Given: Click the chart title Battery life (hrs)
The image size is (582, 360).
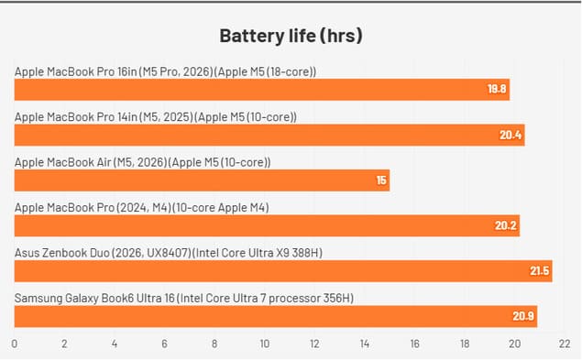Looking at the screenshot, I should (291, 37).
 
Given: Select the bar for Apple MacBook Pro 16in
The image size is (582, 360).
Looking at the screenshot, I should (261, 90).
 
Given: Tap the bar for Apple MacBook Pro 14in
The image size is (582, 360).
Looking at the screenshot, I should (269, 136).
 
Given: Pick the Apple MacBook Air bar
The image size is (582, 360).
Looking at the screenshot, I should (202, 180).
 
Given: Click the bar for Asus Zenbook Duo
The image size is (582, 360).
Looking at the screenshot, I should (283, 271).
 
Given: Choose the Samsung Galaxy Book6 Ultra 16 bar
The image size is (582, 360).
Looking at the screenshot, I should (275, 317).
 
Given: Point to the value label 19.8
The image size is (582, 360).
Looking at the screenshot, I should (497, 90).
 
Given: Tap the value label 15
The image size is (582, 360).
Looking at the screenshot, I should (381, 180).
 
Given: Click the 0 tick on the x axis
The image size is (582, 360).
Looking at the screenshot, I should (15, 344).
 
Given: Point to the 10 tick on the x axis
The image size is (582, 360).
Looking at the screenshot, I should (265, 344).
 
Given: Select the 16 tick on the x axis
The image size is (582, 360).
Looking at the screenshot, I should (415, 344).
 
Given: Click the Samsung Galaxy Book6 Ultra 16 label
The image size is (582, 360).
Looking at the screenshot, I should (184, 299).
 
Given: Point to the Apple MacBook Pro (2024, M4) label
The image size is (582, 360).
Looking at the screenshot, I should (142, 208).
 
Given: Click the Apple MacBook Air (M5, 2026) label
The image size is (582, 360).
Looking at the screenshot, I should (143, 162).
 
